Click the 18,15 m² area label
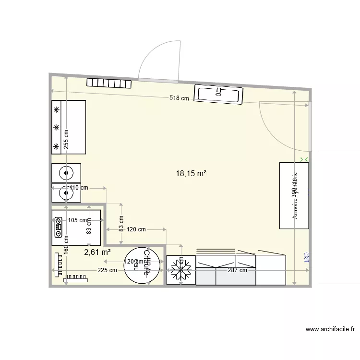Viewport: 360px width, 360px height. (x=192, y=174)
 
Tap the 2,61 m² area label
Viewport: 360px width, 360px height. (x=97, y=252)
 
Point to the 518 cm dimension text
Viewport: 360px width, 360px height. (x=179, y=98)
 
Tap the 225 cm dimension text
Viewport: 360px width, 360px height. (x=107, y=270)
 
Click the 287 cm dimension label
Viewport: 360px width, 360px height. (x=237, y=270)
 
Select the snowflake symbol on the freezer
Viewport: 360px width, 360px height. (x=181, y=270)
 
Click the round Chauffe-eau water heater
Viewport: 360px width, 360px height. (x=143, y=265)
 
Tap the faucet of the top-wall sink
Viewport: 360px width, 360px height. (x=219, y=90)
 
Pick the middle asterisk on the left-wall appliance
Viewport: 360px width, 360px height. (x=57, y=127)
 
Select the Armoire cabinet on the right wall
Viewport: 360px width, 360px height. (x=294, y=195)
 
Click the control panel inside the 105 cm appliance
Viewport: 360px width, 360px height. (x=58, y=227)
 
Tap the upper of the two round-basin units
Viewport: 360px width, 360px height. (x=65, y=172)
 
